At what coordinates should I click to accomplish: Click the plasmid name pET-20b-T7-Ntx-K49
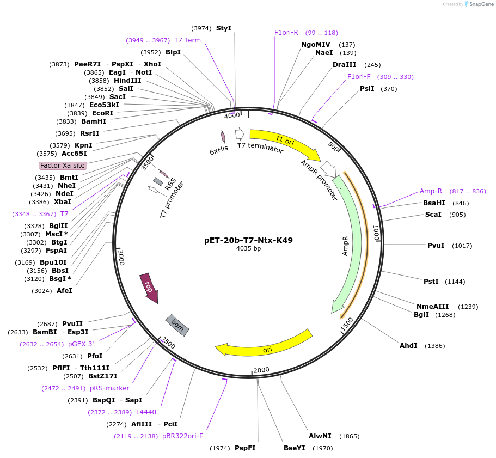coord(248,240)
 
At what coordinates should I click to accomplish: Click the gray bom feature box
coord(177,325)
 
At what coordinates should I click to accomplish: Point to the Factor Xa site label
coord(63,165)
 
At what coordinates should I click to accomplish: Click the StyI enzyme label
coord(224,28)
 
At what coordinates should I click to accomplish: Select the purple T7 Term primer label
coord(187,40)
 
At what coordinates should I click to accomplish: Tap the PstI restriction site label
coord(431,282)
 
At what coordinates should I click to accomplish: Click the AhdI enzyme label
coord(408,346)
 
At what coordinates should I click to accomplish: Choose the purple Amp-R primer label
coord(431,191)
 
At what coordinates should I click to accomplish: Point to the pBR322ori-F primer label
coord(182,436)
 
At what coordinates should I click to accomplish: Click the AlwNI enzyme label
coord(320,436)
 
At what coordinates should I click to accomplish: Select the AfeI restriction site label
coord(64,291)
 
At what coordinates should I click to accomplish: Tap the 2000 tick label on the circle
coord(261,370)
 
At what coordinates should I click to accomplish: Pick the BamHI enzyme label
coord(94,121)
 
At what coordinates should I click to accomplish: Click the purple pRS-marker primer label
coord(109,388)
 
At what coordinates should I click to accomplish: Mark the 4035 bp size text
coord(248,248)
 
